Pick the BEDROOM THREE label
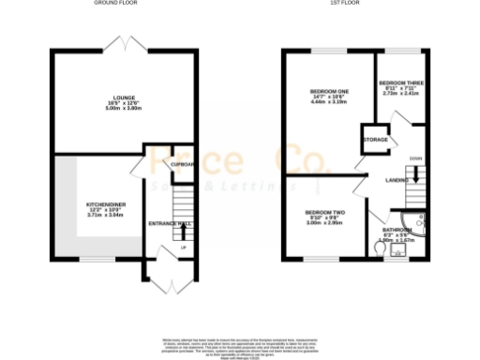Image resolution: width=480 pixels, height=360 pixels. [x=402, y=82]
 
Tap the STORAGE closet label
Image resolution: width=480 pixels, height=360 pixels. [x=375, y=140]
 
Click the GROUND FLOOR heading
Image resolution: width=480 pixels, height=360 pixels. [x=118, y=4]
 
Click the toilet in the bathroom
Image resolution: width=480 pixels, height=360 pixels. [x=397, y=250]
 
